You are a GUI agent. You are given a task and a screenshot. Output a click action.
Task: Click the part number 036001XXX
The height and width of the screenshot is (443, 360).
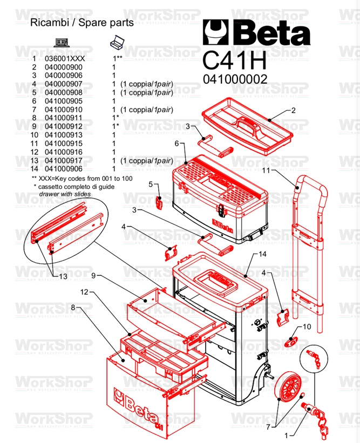[64, 58]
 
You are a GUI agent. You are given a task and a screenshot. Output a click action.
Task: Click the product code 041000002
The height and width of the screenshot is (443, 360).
[235, 79]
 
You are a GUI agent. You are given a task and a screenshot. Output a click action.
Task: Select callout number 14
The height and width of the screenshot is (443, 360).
[262, 253]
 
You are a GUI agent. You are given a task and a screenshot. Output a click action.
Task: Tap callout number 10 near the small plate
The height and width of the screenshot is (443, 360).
[307, 326]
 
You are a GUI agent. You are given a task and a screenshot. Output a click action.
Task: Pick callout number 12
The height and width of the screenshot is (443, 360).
[84, 292]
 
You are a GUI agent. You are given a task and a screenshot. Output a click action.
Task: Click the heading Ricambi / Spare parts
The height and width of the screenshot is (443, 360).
[81, 23]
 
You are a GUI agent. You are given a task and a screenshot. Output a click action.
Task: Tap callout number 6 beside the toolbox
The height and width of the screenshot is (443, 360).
[176, 144]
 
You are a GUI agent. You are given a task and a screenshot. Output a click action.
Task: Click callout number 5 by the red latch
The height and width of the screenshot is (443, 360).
[152, 185]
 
